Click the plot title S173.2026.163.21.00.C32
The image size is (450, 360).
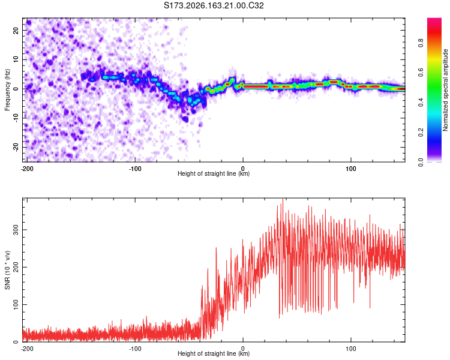tap(214, 5)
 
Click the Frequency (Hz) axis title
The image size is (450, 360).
tap(7, 90)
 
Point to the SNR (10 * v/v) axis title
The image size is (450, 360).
tap(7, 270)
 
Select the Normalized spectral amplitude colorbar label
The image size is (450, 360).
tap(445, 90)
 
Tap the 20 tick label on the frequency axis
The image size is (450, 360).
tap(16, 31)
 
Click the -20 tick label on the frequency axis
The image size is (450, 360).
tap(16, 147)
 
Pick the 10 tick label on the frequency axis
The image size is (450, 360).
tap(16, 59)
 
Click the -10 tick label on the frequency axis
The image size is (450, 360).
tap(16, 118)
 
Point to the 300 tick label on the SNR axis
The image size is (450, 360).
tap(16, 230)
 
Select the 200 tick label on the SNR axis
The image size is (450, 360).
tap(16, 267)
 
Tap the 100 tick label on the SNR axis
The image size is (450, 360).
tap(16, 304)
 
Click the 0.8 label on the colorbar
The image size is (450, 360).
tap(421, 43)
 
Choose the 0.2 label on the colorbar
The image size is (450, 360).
tap(421, 133)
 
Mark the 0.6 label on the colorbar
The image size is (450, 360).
tap(421, 73)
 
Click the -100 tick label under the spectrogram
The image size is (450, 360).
tap(135, 169)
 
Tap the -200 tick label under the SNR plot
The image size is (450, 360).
tap(27, 349)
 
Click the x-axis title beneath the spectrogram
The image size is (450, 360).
tap(214, 173)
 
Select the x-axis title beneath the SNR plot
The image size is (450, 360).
tap(214, 353)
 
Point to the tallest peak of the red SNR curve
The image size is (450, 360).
tap(283, 199)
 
